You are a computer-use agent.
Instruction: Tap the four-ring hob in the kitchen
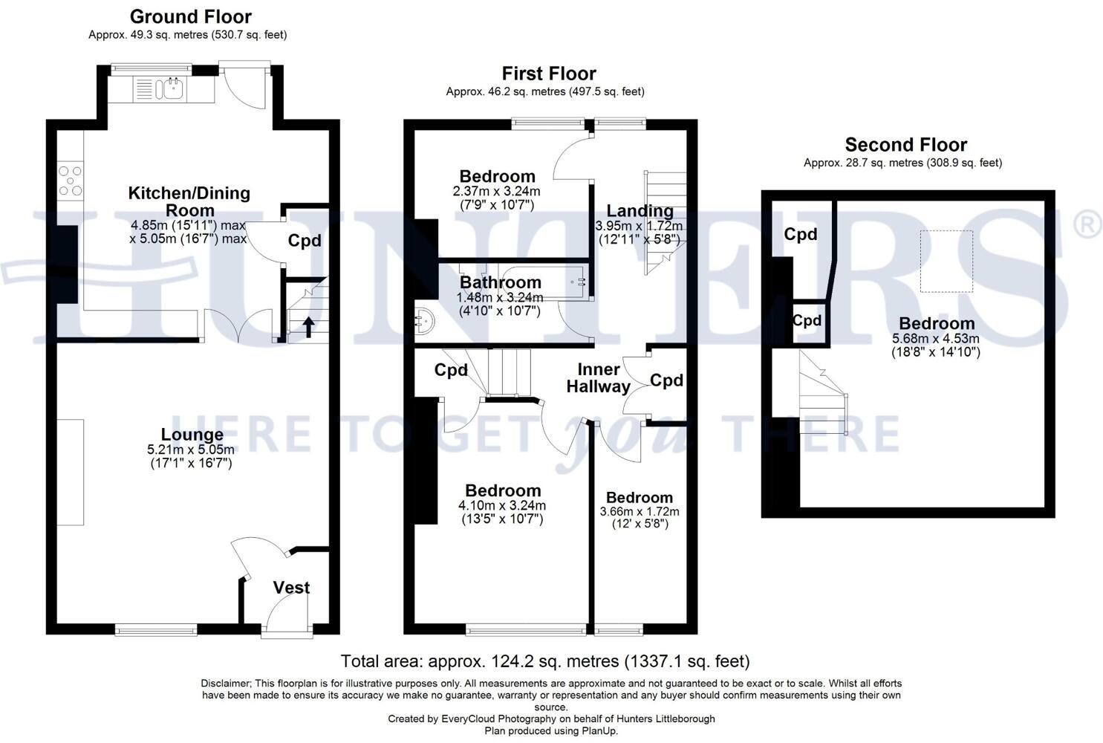[71, 181]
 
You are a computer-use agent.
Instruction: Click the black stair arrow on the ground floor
[308, 327]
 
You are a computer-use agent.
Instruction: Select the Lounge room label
[192, 434]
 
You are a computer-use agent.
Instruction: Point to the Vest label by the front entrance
[291, 587]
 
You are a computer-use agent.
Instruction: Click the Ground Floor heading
[191, 17]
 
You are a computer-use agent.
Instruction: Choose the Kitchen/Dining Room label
[189, 201]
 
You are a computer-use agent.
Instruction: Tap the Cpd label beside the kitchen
[305, 241]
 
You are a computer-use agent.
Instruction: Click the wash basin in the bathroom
[424, 321]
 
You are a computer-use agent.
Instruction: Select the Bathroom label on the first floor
[501, 282]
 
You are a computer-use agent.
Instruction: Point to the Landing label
[640, 211]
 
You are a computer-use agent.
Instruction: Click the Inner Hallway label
[598, 378]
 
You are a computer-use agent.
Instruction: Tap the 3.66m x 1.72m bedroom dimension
[640, 511]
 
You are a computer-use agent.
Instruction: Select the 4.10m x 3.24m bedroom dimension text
[502, 505]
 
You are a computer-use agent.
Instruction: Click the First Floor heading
[549, 74]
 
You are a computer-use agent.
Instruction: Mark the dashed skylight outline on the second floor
[946, 262]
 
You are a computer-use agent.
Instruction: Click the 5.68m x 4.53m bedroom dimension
[936, 339]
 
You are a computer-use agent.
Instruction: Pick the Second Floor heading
[906, 145]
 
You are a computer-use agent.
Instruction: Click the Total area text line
[545, 661]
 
